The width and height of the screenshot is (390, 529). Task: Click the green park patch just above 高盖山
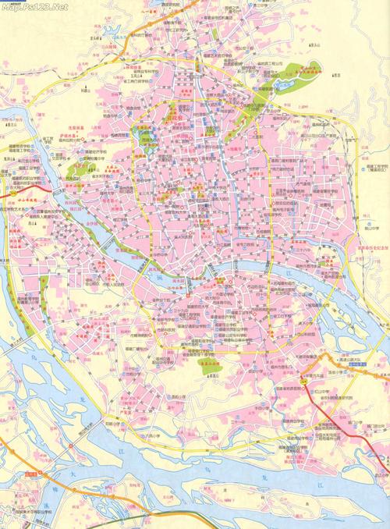207,367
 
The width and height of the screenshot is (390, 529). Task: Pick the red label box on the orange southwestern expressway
31,474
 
